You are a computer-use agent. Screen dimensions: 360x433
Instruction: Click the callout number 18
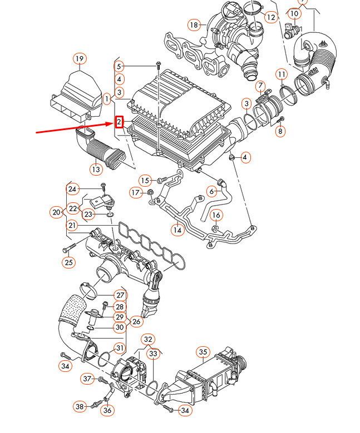click(x=194, y=25)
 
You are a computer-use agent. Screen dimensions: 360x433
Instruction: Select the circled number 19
click(x=80, y=58)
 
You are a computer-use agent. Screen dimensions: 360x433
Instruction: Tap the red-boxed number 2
click(x=119, y=122)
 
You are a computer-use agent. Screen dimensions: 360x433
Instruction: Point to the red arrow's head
click(x=115, y=124)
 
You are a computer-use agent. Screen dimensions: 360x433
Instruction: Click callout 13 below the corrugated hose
click(x=96, y=169)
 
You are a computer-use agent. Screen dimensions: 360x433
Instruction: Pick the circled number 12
click(x=271, y=17)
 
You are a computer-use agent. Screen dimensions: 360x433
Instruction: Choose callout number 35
click(x=203, y=352)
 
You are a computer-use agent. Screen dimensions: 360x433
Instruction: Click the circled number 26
click(x=136, y=321)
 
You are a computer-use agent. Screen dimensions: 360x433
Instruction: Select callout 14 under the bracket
click(x=177, y=230)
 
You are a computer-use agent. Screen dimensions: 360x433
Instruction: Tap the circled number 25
click(x=68, y=262)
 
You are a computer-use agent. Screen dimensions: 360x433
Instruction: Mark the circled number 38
click(x=80, y=406)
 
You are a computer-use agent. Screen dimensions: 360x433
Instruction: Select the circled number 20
click(x=56, y=212)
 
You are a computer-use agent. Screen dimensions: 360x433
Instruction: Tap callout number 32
click(x=148, y=340)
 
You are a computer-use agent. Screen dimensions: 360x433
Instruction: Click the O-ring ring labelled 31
click(x=103, y=359)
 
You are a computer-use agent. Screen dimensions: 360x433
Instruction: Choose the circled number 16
click(x=216, y=215)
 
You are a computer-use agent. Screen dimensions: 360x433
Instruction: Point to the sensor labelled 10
click(x=291, y=32)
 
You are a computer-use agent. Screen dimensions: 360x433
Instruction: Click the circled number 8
click(x=280, y=131)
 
